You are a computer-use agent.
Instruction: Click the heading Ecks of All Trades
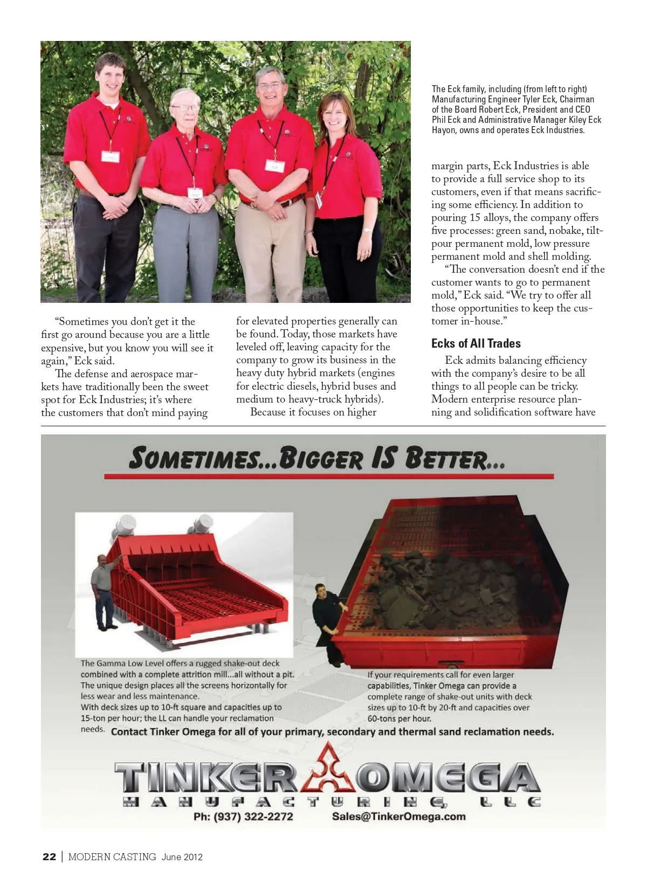point(476,343)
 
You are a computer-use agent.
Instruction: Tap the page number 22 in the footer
point(49,857)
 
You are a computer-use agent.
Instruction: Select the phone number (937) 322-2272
point(243,817)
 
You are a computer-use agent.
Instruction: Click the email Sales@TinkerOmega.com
point(398,817)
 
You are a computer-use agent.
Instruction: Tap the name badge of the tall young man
point(110,157)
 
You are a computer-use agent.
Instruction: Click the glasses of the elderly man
point(185,108)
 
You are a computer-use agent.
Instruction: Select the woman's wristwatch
point(368,230)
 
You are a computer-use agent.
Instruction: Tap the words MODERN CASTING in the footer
point(112,857)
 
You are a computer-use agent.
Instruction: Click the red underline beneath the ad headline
point(328,476)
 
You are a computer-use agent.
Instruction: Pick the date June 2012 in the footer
point(182,857)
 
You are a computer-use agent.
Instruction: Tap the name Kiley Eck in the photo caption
point(585,120)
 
